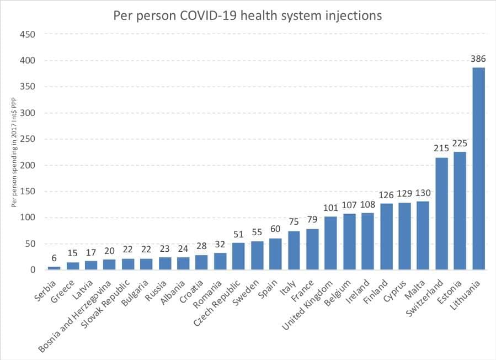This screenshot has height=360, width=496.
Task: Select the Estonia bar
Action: pos(460,210)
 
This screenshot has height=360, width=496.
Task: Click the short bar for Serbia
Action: pos(54,268)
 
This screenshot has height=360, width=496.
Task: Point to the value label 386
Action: pos(478,59)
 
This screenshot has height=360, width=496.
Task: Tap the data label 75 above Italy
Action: pos(294,221)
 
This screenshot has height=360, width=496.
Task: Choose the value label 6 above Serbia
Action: pos(54,258)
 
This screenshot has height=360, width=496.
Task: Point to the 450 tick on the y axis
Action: pos(28,34)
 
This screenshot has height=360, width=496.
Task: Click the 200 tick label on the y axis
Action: pos(28,165)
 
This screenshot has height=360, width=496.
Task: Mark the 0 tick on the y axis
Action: pos(33,270)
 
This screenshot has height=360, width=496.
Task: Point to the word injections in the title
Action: pos(353,15)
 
